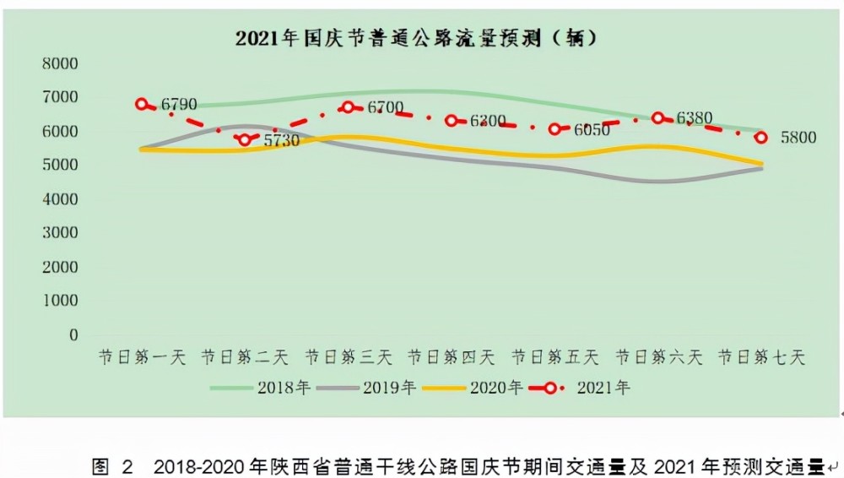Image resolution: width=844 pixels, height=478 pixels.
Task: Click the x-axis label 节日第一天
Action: click(141, 357)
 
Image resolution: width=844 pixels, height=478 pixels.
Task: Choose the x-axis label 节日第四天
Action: click(451, 357)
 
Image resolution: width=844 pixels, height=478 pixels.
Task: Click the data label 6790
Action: click(179, 105)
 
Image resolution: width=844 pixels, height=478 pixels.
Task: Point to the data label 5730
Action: click(281, 141)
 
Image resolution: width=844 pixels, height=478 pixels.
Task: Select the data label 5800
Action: click(798, 138)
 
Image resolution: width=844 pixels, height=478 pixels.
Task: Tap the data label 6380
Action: click(695, 118)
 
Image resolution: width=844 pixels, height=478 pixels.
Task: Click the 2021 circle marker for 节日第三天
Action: click(348, 108)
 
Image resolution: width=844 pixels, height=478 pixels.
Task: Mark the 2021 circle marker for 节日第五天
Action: click(555, 129)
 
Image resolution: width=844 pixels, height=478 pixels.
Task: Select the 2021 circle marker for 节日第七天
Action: click(761, 138)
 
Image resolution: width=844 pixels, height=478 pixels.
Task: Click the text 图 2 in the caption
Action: click(113, 466)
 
